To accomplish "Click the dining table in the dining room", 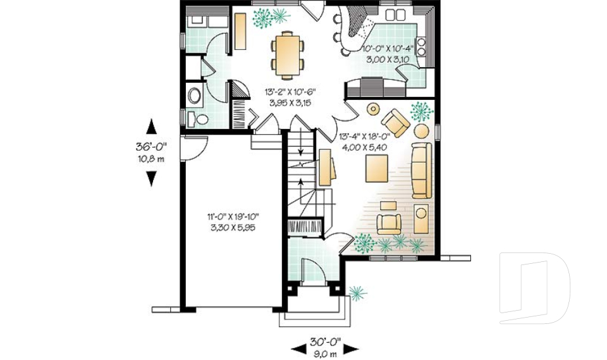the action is click(288, 53).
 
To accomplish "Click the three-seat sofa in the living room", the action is click(421, 170).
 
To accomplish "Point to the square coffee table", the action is click(377, 168).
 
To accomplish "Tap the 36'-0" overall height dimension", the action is click(151, 147).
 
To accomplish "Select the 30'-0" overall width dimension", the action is click(325, 342).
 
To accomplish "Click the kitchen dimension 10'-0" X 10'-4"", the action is click(388, 49).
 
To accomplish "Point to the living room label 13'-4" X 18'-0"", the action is click(365, 137).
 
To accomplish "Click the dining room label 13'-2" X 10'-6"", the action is click(290, 92).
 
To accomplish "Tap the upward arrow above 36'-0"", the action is click(151, 127).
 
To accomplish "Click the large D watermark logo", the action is click(534, 288).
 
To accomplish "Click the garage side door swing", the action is click(196, 149).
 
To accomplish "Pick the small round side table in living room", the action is click(373, 109).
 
